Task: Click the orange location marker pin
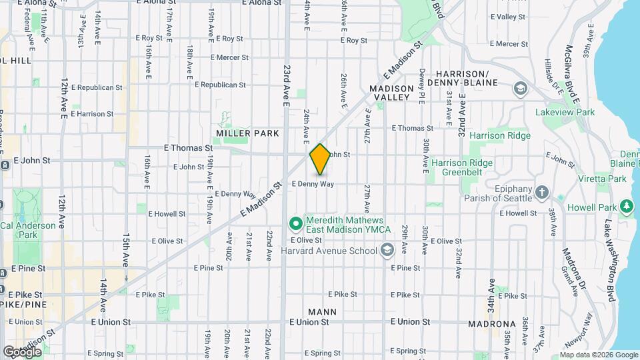[x=320, y=159]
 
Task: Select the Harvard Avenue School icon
[x=387, y=251]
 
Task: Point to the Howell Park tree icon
[x=627, y=207]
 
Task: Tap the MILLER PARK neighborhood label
[x=247, y=133]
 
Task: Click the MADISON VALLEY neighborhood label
[x=389, y=93]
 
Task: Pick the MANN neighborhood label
[x=322, y=311]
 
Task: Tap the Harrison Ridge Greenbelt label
[x=462, y=167]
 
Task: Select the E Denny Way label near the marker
[x=313, y=183]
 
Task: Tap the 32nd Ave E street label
[x=461, y=107]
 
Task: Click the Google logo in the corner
[x=22, y=351]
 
